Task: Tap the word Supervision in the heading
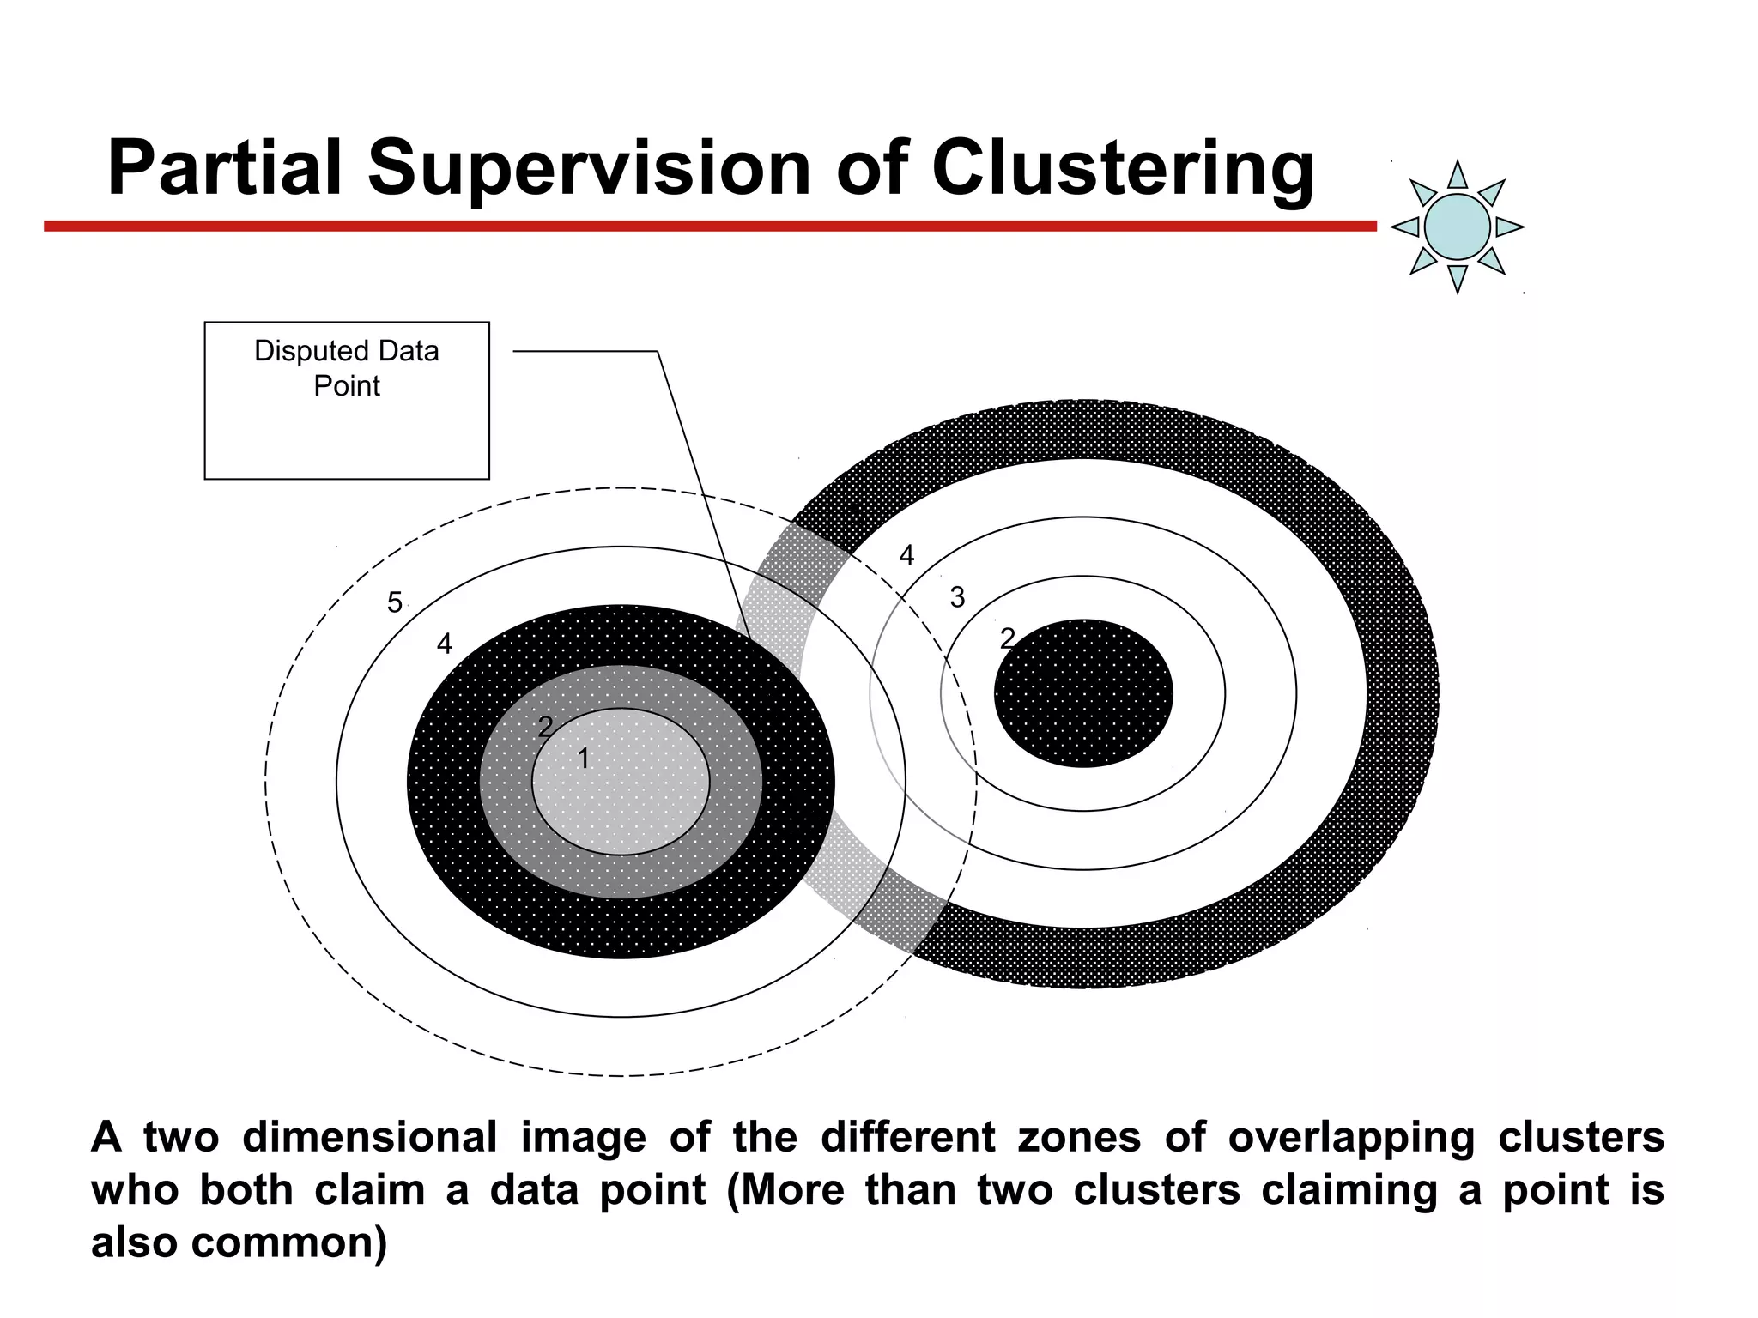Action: [590, 169]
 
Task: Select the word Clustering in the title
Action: [1122, 169]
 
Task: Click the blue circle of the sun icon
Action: [1457, 227]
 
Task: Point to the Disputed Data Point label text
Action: [346, 368]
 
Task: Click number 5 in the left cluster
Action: [394, 602]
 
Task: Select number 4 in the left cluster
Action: [444, 644]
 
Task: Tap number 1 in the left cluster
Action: [584, 759]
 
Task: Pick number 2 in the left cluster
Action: [545, 727]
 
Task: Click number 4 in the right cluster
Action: [906, 556]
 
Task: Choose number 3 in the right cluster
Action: [957, 597]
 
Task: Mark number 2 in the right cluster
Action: [1008, 638]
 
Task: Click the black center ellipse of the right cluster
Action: [1083, 693]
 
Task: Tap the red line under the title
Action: [709, 227]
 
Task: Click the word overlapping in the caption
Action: [1351, 1139]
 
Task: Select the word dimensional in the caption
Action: [369, 1137]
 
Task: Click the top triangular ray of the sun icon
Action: [1458, 177]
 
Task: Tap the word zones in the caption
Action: [1079, 1138]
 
